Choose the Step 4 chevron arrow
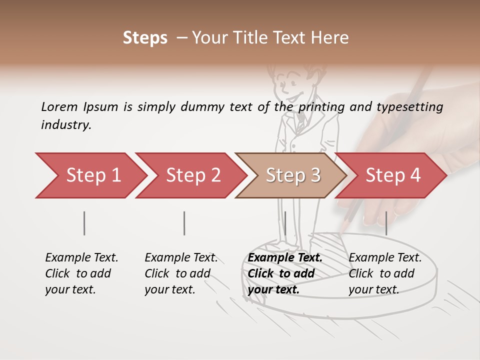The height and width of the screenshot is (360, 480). click(x=393, y=175)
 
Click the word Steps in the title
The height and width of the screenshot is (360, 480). click(x=145, y=38)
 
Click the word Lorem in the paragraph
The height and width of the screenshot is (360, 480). click(x=59, y=106)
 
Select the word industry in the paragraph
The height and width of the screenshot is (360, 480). click(x=65, y=125)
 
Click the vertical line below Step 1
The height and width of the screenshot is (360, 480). click(x=84, y=223)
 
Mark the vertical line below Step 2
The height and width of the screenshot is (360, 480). click(x=184, y=223)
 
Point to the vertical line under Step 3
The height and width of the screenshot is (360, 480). click(x=285, y=223)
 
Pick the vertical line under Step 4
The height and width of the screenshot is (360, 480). click(x=386, y=223)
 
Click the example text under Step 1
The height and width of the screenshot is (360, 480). click(x=81, y=273)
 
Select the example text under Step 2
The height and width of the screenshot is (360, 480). click(x=181, y=273)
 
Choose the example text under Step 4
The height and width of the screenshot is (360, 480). click(x=385, y=273)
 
